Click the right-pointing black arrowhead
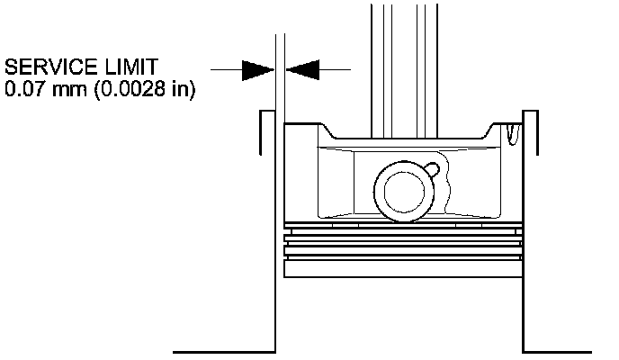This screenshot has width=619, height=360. click(258, 68)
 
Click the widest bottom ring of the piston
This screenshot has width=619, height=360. click(402, 268)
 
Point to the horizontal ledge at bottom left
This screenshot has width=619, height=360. click(222, 350)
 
